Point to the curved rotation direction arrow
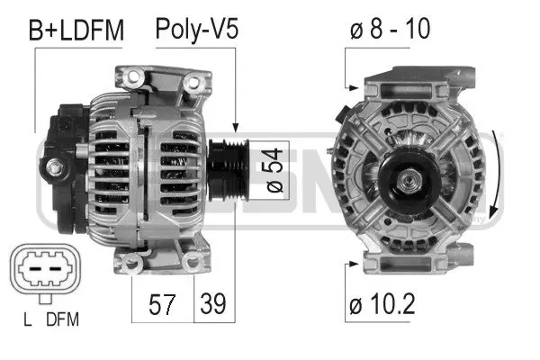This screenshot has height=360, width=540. tap(494, 166)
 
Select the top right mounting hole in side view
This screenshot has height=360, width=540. tap(192, 83)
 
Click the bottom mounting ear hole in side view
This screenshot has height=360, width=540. tap(134, 263)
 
